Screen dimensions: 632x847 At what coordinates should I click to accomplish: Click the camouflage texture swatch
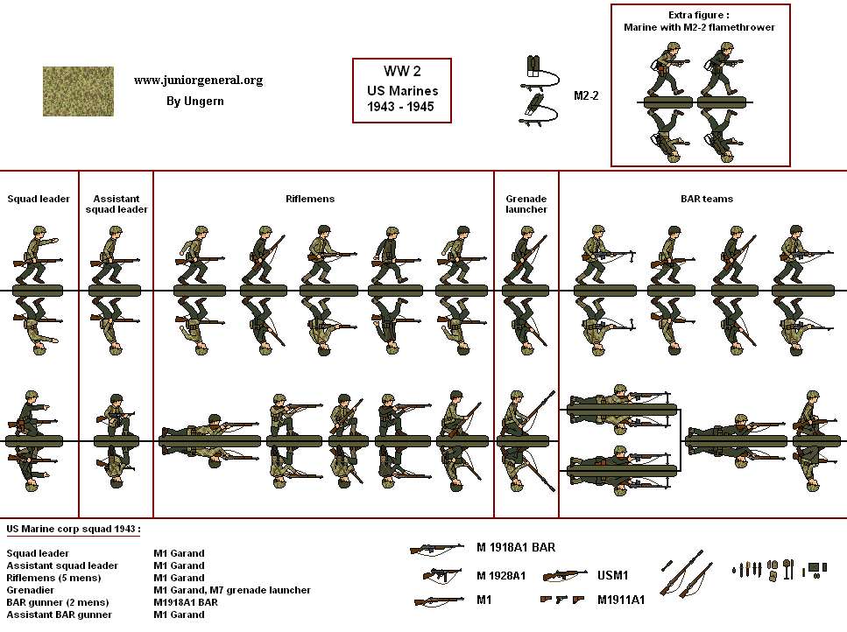78,91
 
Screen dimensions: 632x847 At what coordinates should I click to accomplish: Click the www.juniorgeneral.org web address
198,81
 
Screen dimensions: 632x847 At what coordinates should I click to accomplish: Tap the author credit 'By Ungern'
194,101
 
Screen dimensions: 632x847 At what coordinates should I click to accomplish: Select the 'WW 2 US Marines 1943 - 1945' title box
401,91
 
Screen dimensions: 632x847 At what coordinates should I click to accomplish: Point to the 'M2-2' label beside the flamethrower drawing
586,95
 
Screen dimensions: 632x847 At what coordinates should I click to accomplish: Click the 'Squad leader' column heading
39,199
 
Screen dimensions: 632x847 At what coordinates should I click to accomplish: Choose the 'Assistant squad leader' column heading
116,204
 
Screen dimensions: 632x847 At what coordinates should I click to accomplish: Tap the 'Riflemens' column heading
310,199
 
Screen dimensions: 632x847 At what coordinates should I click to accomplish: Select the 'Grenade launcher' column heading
526,204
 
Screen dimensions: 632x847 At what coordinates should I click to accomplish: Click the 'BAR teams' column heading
707,199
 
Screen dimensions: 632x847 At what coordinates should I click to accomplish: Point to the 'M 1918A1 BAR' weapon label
516,548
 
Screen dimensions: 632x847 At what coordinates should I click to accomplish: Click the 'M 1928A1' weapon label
501,576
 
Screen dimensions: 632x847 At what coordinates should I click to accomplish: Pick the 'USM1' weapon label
612,576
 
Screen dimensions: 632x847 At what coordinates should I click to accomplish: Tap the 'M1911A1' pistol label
622,600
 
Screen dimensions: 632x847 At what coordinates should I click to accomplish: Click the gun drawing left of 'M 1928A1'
441,575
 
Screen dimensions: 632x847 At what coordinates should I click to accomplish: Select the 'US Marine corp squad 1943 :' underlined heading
73,530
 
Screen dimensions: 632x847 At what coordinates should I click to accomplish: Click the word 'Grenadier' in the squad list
29,590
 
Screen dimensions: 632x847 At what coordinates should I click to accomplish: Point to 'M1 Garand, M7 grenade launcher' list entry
232,590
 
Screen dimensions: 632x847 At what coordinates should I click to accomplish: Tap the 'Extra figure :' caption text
699,15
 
